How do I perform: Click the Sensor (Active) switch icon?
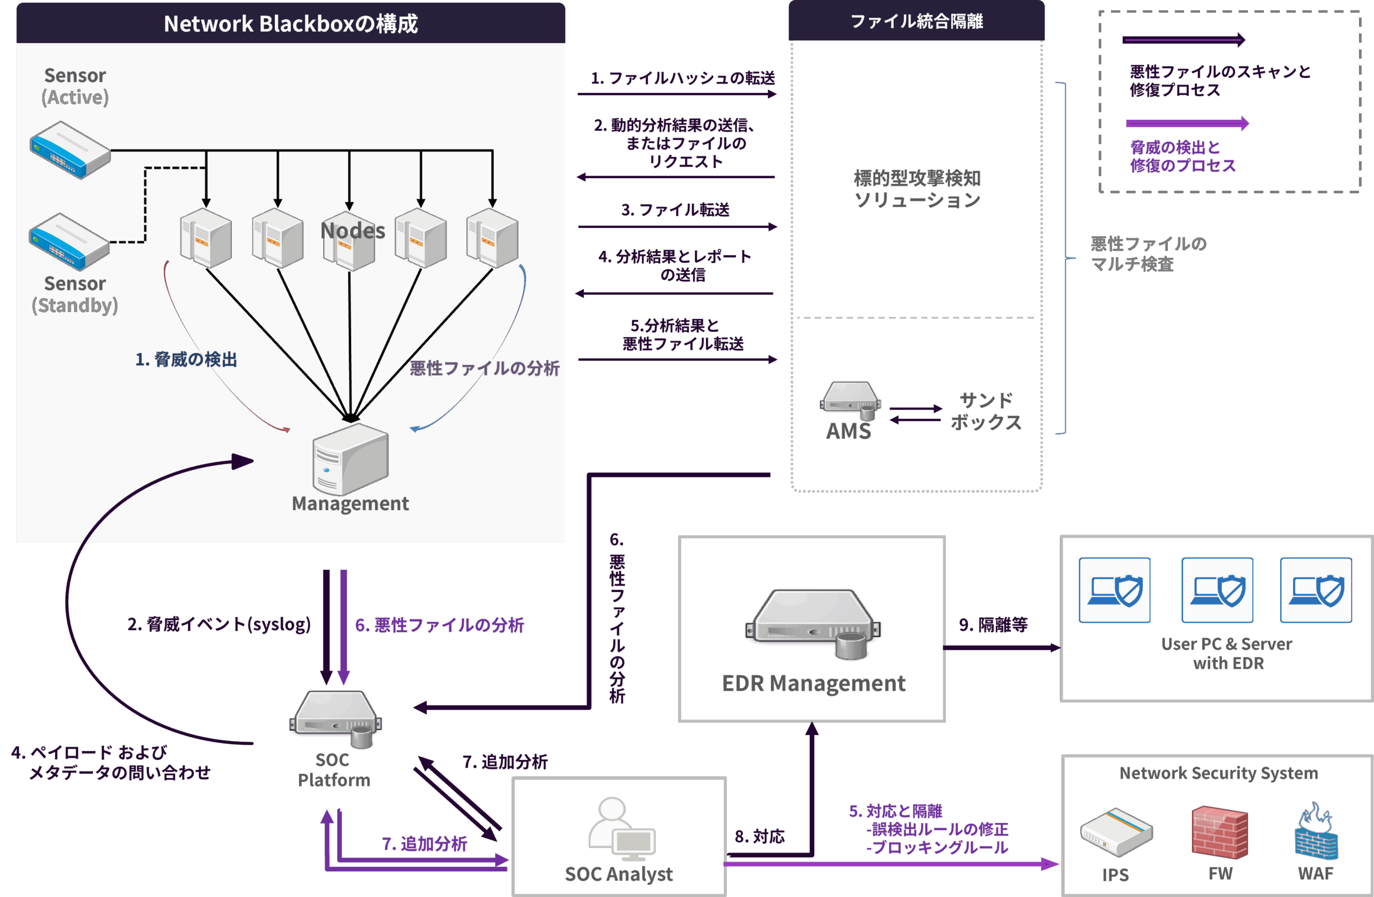point(70,150)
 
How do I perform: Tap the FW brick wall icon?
point(1220,831)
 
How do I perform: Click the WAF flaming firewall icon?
point(1315,831)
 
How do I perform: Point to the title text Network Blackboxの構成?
point(290,24)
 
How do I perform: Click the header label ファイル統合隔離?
point(916,21)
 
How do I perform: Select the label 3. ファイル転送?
point(675,209)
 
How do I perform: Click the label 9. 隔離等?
point(993,624)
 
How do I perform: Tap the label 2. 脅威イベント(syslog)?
point(219,624)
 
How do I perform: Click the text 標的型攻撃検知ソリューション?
point(917,189)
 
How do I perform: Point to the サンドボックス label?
point(986,411)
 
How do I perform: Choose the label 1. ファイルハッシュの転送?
point(682,78)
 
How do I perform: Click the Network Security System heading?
point(1219,773)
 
